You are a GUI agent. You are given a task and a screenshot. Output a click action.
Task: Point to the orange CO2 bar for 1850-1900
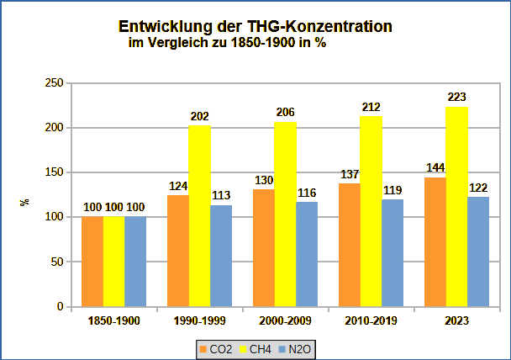pyautogui.click(x=92, y=262)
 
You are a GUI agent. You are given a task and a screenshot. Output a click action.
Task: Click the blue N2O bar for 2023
pyautogui.click(x=478, y=251)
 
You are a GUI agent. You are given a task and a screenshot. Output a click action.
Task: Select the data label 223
pyautogui.click(x=457, y=98)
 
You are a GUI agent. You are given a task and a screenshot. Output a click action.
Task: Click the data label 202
pyautogui.click(x=200, y=116)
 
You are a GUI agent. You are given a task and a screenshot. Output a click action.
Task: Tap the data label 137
pyautogui.click(x=349, y=174)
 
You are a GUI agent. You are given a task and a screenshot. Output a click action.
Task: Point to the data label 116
pyautogui.click(x=307, y=193)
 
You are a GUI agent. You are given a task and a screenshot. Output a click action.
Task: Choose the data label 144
pyautogui.click(x=435, y=168)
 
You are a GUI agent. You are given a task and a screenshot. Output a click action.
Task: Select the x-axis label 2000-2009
pyautogui.click(x=285, y=320)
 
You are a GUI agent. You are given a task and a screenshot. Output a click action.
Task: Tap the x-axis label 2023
pyautogui.click(x=456, y=320)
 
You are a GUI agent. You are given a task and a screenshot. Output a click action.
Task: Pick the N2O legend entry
pyautogui.click(x=302, y=348)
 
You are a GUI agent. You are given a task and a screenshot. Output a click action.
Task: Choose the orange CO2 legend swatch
pyautogui.click(x=202, y=348)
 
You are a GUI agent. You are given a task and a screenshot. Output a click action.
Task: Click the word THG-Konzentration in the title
pyautogui.click(x=311, y=26)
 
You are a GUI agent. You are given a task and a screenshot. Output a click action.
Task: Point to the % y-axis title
pyautogui.click(x=24, y=203)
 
